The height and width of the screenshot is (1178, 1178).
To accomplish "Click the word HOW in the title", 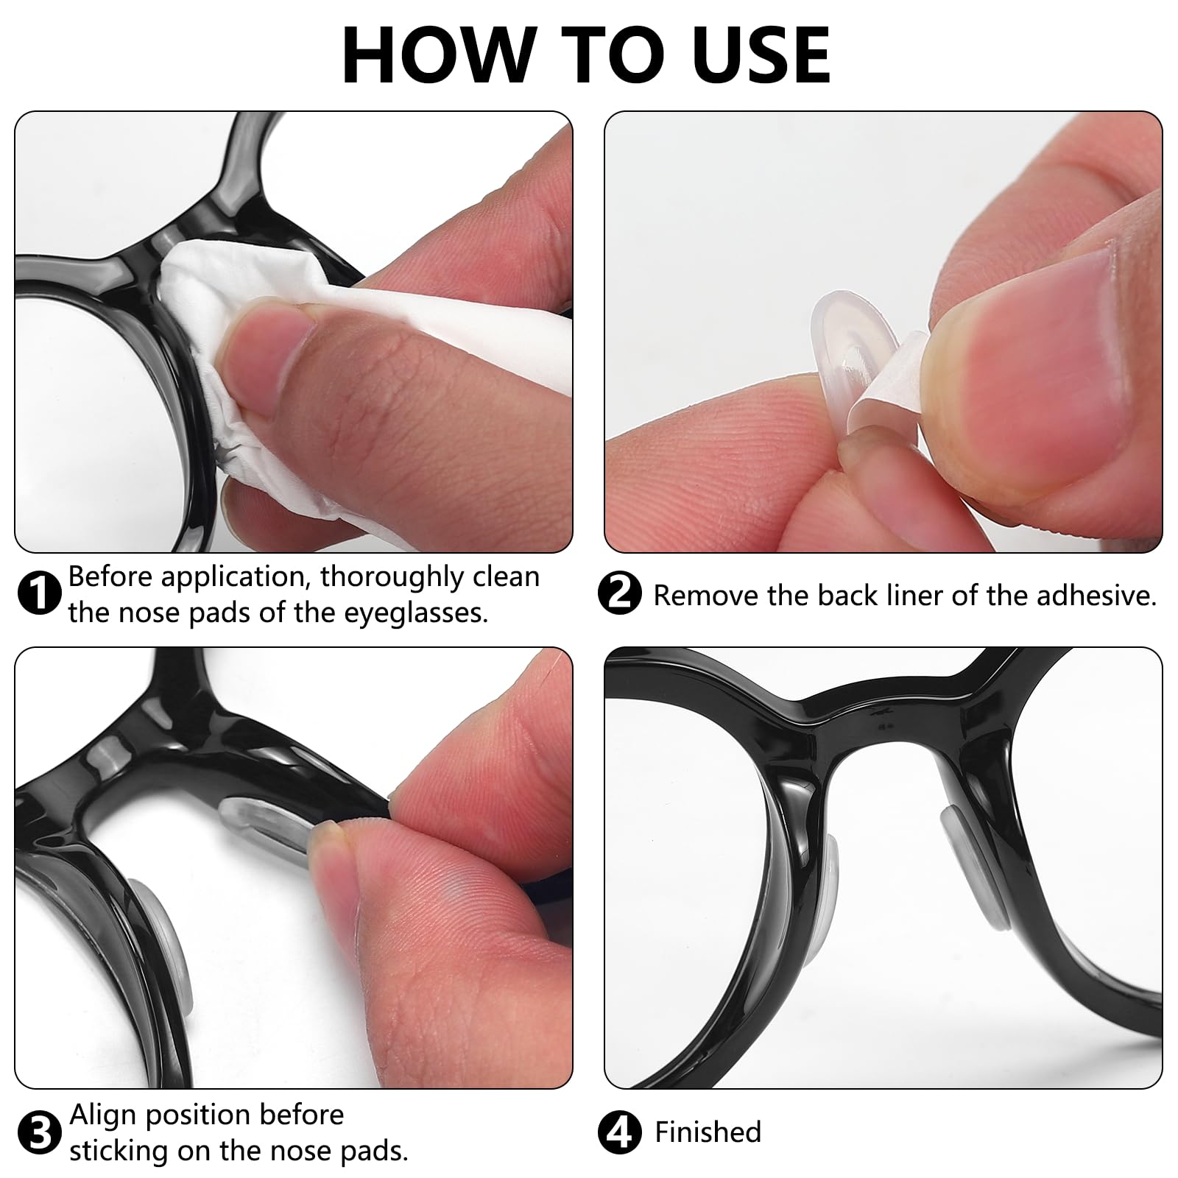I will pyautogui.click(x=436, y=56).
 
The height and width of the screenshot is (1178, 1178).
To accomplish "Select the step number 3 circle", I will pyautogui.click(x=38, y=1133).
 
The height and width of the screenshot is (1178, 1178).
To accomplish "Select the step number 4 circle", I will pyautogui.click(x=620, y=1133).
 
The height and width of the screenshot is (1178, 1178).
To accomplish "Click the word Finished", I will pyautogui.click(x=708, y=1132).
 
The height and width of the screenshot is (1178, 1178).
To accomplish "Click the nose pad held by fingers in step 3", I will pyautogui.click(x=265, y=817).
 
